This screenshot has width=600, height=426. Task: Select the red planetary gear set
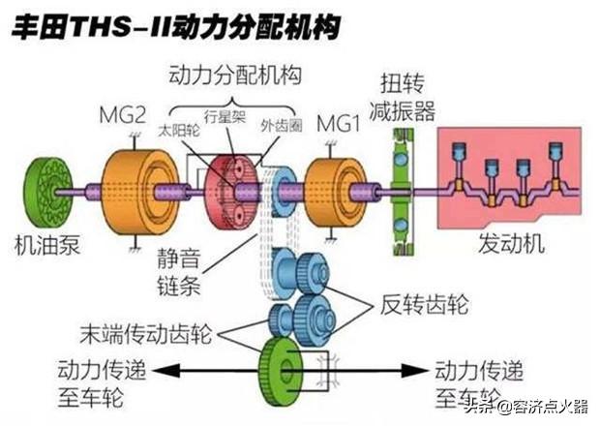click(229, 189)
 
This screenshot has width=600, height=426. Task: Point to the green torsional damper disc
click(397, 192)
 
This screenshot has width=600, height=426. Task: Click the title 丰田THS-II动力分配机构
click(174, 26)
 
